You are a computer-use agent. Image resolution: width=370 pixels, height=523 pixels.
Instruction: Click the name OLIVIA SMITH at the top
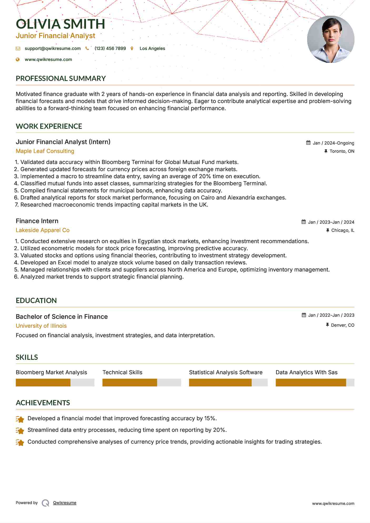[60, 24]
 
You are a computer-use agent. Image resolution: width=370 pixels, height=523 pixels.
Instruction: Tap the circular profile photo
[331, 39]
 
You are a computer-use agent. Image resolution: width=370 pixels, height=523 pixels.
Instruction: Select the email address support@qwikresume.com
[53, 48]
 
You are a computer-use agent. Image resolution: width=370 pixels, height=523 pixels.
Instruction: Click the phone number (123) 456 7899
[110, 48]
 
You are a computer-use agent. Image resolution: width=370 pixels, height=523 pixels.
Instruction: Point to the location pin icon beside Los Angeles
[132, 48]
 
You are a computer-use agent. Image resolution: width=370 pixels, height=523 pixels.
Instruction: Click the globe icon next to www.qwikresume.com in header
[18, 59]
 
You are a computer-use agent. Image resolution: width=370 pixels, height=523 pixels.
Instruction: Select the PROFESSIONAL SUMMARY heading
[61, 78]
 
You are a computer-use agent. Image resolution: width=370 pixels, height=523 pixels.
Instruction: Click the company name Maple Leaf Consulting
[45, 151]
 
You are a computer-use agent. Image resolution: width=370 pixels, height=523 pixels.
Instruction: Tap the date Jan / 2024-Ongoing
[333, 143]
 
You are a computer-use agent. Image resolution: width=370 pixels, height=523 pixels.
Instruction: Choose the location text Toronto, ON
[342, 151]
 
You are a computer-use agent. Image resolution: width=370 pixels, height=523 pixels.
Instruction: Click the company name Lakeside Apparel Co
[43, 230]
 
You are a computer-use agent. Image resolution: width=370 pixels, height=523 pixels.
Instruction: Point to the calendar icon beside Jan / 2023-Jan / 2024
[304, 222]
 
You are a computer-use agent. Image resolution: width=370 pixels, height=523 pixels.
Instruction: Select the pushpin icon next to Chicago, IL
[328, 230]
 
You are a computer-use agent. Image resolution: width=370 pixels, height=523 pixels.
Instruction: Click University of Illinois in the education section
[41, 326]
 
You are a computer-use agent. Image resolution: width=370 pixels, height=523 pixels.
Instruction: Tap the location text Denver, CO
[343, 325]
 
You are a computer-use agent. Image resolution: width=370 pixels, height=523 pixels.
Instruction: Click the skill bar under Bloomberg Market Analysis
[55, 382]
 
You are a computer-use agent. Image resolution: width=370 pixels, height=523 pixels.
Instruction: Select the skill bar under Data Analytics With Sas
[315, 382]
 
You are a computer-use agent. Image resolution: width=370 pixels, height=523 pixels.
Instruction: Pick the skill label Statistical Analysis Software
[226, 372]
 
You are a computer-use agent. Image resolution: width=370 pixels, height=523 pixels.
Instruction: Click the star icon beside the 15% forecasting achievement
[20, 419]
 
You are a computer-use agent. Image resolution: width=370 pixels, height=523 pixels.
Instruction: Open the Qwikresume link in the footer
[65, 503]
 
